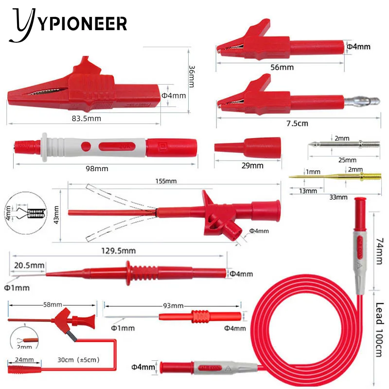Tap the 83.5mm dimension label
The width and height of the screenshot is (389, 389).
tap(86, 118)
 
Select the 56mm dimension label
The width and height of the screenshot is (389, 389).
tap(282, 68)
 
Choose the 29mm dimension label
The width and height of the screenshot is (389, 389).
tap(252, 166)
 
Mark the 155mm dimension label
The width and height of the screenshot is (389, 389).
tap(164, 181)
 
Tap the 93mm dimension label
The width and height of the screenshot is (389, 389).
tap(173, 306)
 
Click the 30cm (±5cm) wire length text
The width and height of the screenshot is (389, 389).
tap(78, 360)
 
